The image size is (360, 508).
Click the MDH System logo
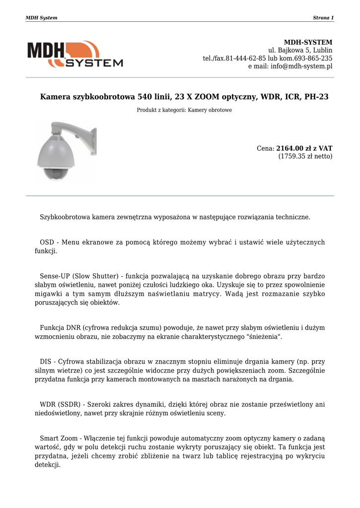(75, 54)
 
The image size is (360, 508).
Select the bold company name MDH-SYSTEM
(308, 43)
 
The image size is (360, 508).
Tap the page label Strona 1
(323, 18)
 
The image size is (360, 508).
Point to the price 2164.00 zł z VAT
(304, 148)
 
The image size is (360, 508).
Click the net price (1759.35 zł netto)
(305, 156)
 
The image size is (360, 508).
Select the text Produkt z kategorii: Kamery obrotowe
(184, 110)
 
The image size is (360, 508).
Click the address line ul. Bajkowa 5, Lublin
(300, 51)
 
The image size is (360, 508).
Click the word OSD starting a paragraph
(47, 242)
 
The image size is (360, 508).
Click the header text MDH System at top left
(41, 18)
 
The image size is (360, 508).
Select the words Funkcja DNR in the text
(60, 328)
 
